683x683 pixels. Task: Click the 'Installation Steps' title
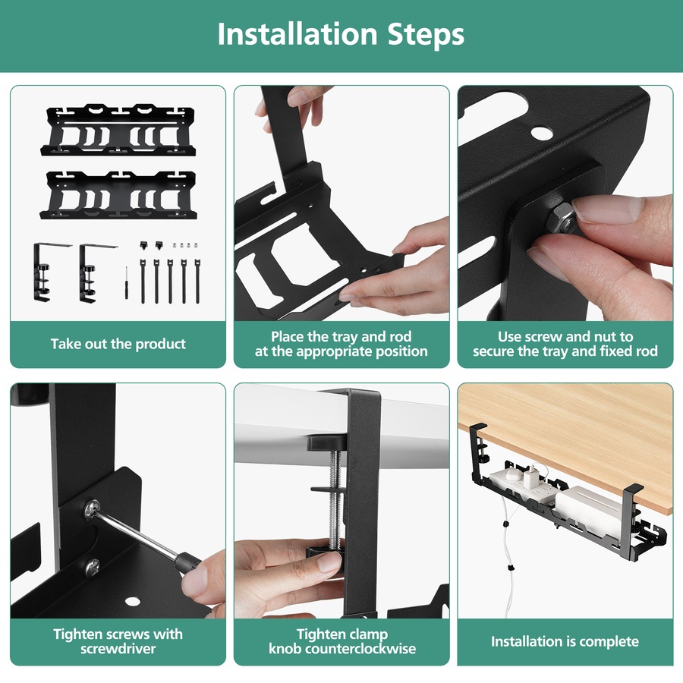(341, 35)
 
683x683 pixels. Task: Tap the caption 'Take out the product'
(118, 344)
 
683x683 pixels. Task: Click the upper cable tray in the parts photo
(118, 130)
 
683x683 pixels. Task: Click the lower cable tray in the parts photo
(118, 195)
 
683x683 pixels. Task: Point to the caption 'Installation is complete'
(565, 641)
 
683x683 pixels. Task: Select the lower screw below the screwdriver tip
(92, 565)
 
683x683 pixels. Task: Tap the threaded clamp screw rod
(332, 501)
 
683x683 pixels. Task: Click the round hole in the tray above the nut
(542, 133)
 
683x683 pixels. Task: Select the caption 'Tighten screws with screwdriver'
(118, 641)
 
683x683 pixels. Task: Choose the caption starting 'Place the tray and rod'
(341, 344)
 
